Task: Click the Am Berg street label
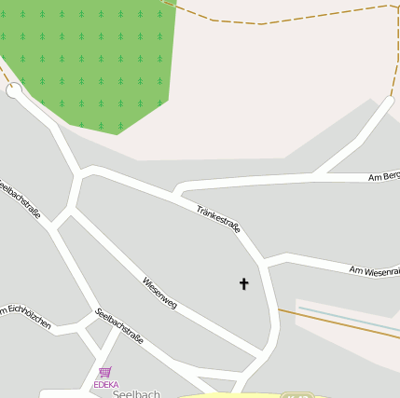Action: point(383,177)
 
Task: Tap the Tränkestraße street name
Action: point(218,219)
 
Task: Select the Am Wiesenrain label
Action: point(374,270)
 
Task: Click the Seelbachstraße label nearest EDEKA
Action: point(119,326)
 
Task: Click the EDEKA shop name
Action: point(106,384)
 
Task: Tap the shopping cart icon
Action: point(105,373)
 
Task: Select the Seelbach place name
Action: point(137,394)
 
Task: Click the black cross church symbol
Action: point(244,283)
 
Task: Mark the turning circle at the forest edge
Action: point(14,90)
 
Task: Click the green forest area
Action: point(93,56)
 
